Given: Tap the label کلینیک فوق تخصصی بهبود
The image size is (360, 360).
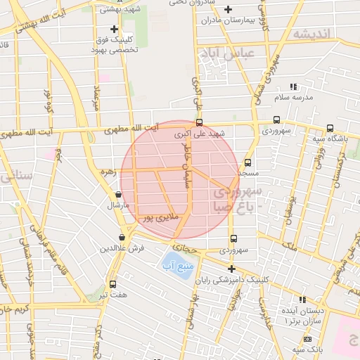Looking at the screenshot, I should [x=117, y=44].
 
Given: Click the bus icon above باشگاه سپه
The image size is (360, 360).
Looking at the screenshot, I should [x=330, y=129].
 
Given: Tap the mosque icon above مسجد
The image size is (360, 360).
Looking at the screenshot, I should [x=247, y=162].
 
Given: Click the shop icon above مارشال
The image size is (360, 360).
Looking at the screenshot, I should [x=117, y=195].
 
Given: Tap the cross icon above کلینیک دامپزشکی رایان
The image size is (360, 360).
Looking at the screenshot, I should [x=231, y=269].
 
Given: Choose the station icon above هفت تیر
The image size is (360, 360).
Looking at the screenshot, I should [x=113, y=285].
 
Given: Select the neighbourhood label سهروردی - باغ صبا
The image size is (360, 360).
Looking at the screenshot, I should [x=236, y=198].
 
